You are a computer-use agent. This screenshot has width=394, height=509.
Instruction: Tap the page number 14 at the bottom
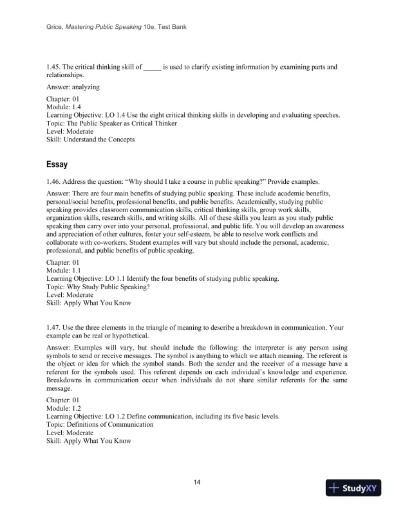(197, 483)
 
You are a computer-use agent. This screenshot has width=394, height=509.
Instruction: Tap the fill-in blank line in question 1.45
(151, 67)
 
